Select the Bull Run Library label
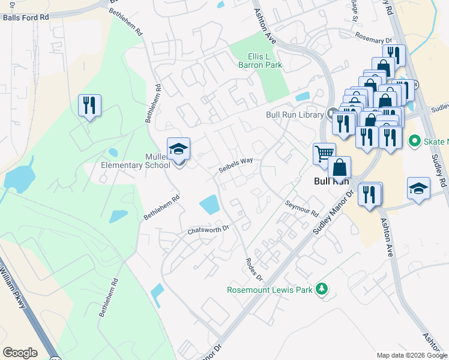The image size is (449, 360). click(295, 114)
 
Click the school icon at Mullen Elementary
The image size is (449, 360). click(178, 149)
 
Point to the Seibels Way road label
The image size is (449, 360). click(235, 165)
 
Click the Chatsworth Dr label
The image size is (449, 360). click(208, 229)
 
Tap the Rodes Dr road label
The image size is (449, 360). click(255, 269)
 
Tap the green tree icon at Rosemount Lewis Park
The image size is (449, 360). click(322, 289)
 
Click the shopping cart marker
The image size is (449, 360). click(324, 154)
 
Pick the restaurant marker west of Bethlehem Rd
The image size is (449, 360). click(89, 106)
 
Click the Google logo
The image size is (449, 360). click(20, 352)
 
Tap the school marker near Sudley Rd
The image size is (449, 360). click(418, 188)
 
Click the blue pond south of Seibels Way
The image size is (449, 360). click(209, 205)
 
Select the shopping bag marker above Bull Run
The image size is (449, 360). click(340, 167)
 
